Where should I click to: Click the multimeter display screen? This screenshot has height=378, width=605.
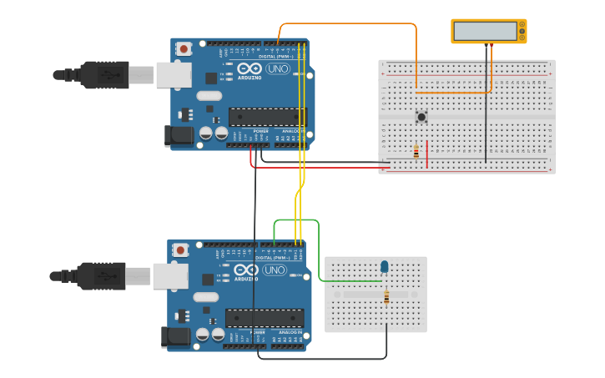click(x=485, y=31)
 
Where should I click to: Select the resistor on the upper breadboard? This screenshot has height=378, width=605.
click(x=416, y=152)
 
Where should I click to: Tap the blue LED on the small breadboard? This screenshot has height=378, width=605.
click(x=385, y=266)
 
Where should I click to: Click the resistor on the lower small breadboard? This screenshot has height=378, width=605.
click(x=386, y=296)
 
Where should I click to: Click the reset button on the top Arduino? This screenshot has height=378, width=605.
click(x=184, y=49)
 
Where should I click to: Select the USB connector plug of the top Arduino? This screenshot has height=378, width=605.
click(x=105, y=75)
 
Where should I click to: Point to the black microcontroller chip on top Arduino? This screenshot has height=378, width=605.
click(x=267, y=117)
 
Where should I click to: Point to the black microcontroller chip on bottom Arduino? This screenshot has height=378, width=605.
click(x=264, y=318)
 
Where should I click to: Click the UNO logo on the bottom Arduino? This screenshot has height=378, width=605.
click(x=274, y=270)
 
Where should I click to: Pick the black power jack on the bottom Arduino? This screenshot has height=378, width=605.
click(x=175, y=336)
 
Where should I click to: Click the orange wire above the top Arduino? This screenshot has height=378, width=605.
click(x=350, y=23)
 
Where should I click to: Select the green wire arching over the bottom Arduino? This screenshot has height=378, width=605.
click(x=296, y=220)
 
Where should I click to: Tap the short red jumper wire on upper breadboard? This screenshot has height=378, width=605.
click(x=427, y=154)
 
